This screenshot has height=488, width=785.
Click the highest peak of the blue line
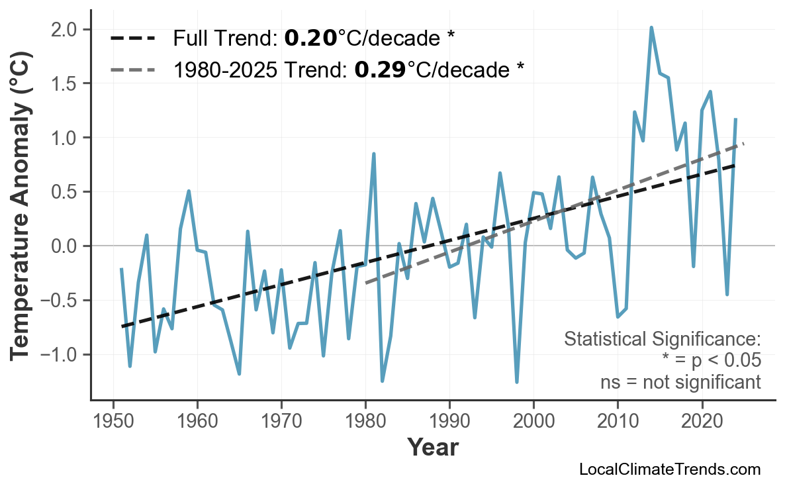(x=651, y=28)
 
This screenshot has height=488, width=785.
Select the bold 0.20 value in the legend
(x=310, y=38)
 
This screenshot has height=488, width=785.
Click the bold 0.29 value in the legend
(x=380, y=68)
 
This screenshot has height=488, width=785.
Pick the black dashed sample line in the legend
(x=132, y=38)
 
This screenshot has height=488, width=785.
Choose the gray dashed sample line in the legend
(x=132, y=69)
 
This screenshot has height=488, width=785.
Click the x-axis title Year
(x=432, y=447)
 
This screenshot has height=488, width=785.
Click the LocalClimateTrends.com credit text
(x=669, y=469)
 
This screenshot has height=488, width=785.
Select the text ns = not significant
(x=680, y=382)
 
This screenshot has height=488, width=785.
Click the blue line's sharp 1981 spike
(x=374, y=154)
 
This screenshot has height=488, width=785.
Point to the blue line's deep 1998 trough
(x=516, y=381)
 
